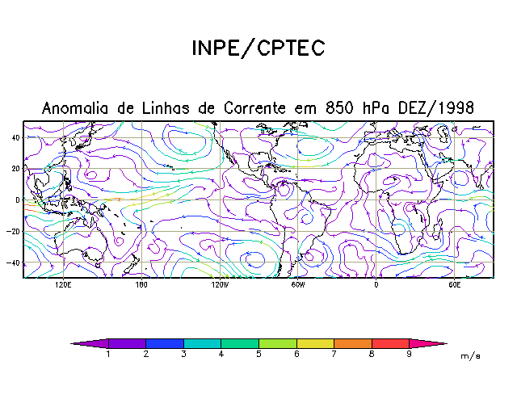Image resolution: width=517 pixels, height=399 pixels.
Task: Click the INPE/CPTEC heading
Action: (258, 48)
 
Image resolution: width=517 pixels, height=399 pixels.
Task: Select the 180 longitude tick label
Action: (141, 285)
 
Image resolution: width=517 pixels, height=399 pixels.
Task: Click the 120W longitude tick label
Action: (219, 285)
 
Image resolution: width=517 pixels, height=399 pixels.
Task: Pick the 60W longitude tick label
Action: (297, 285)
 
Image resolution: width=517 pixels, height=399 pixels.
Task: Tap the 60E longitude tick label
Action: (454, 285)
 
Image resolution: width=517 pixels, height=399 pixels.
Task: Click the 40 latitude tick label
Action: (15, 137)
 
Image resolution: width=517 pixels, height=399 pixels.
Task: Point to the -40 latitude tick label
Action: (14, 262)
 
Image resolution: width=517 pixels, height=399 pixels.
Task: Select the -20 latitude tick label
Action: (14, 231)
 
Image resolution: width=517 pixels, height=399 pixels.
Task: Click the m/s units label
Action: (470, 355)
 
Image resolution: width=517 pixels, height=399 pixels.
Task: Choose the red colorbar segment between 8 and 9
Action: (390, 343)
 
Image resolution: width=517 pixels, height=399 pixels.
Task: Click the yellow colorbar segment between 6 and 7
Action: (315, 343)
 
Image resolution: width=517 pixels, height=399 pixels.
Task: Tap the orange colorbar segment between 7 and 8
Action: (353, 343)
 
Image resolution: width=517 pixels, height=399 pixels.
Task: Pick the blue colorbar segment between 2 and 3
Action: (165, 343)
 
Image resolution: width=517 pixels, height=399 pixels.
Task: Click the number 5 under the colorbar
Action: (259, 354)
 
